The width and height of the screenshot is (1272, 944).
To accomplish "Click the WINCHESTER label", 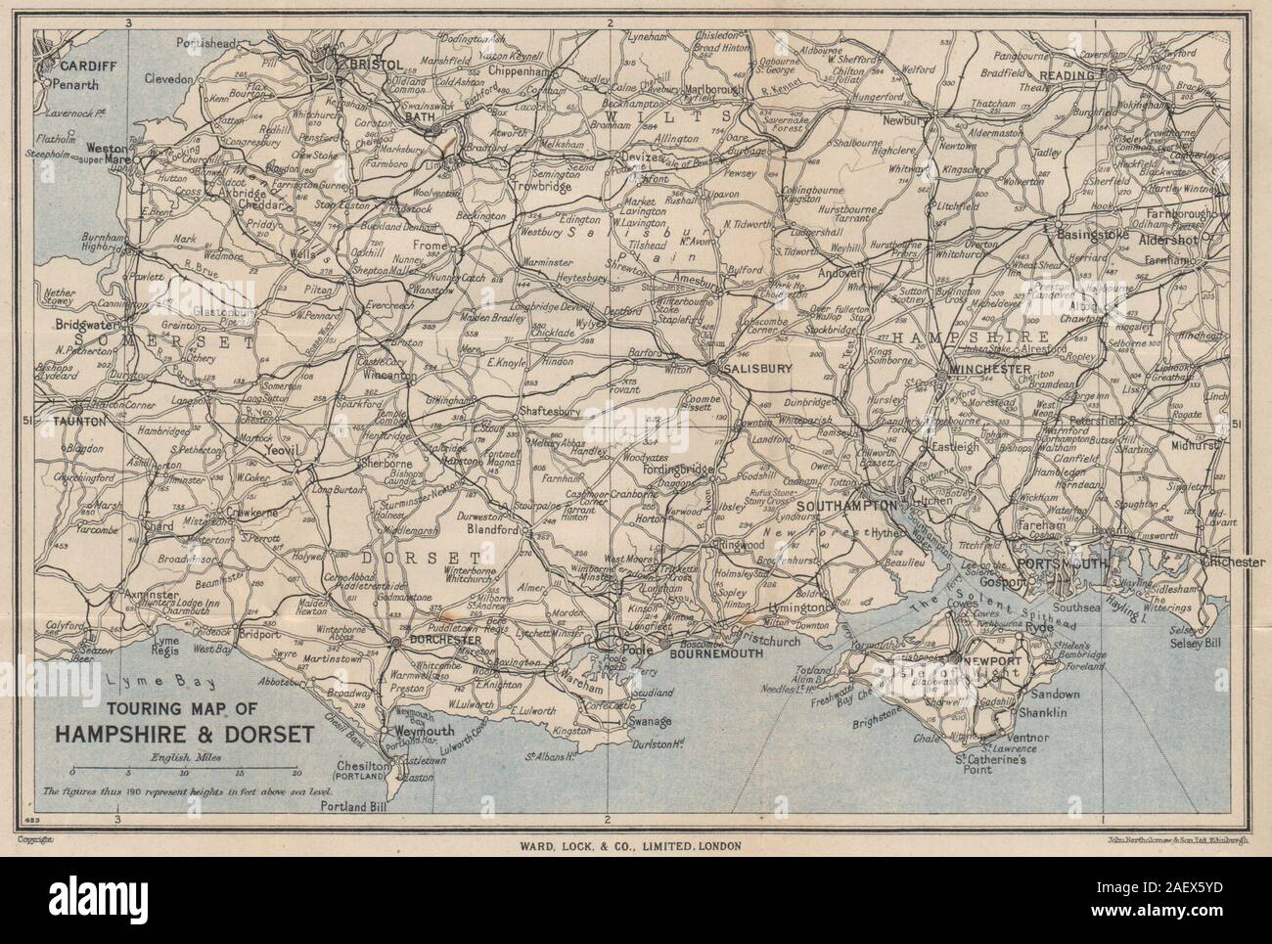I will [984, 369].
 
